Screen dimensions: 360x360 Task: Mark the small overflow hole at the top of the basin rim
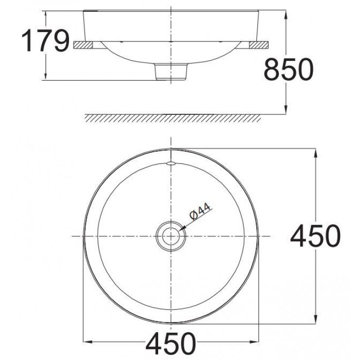coord(170,164)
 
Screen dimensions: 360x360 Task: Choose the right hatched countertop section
coord(258,45)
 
